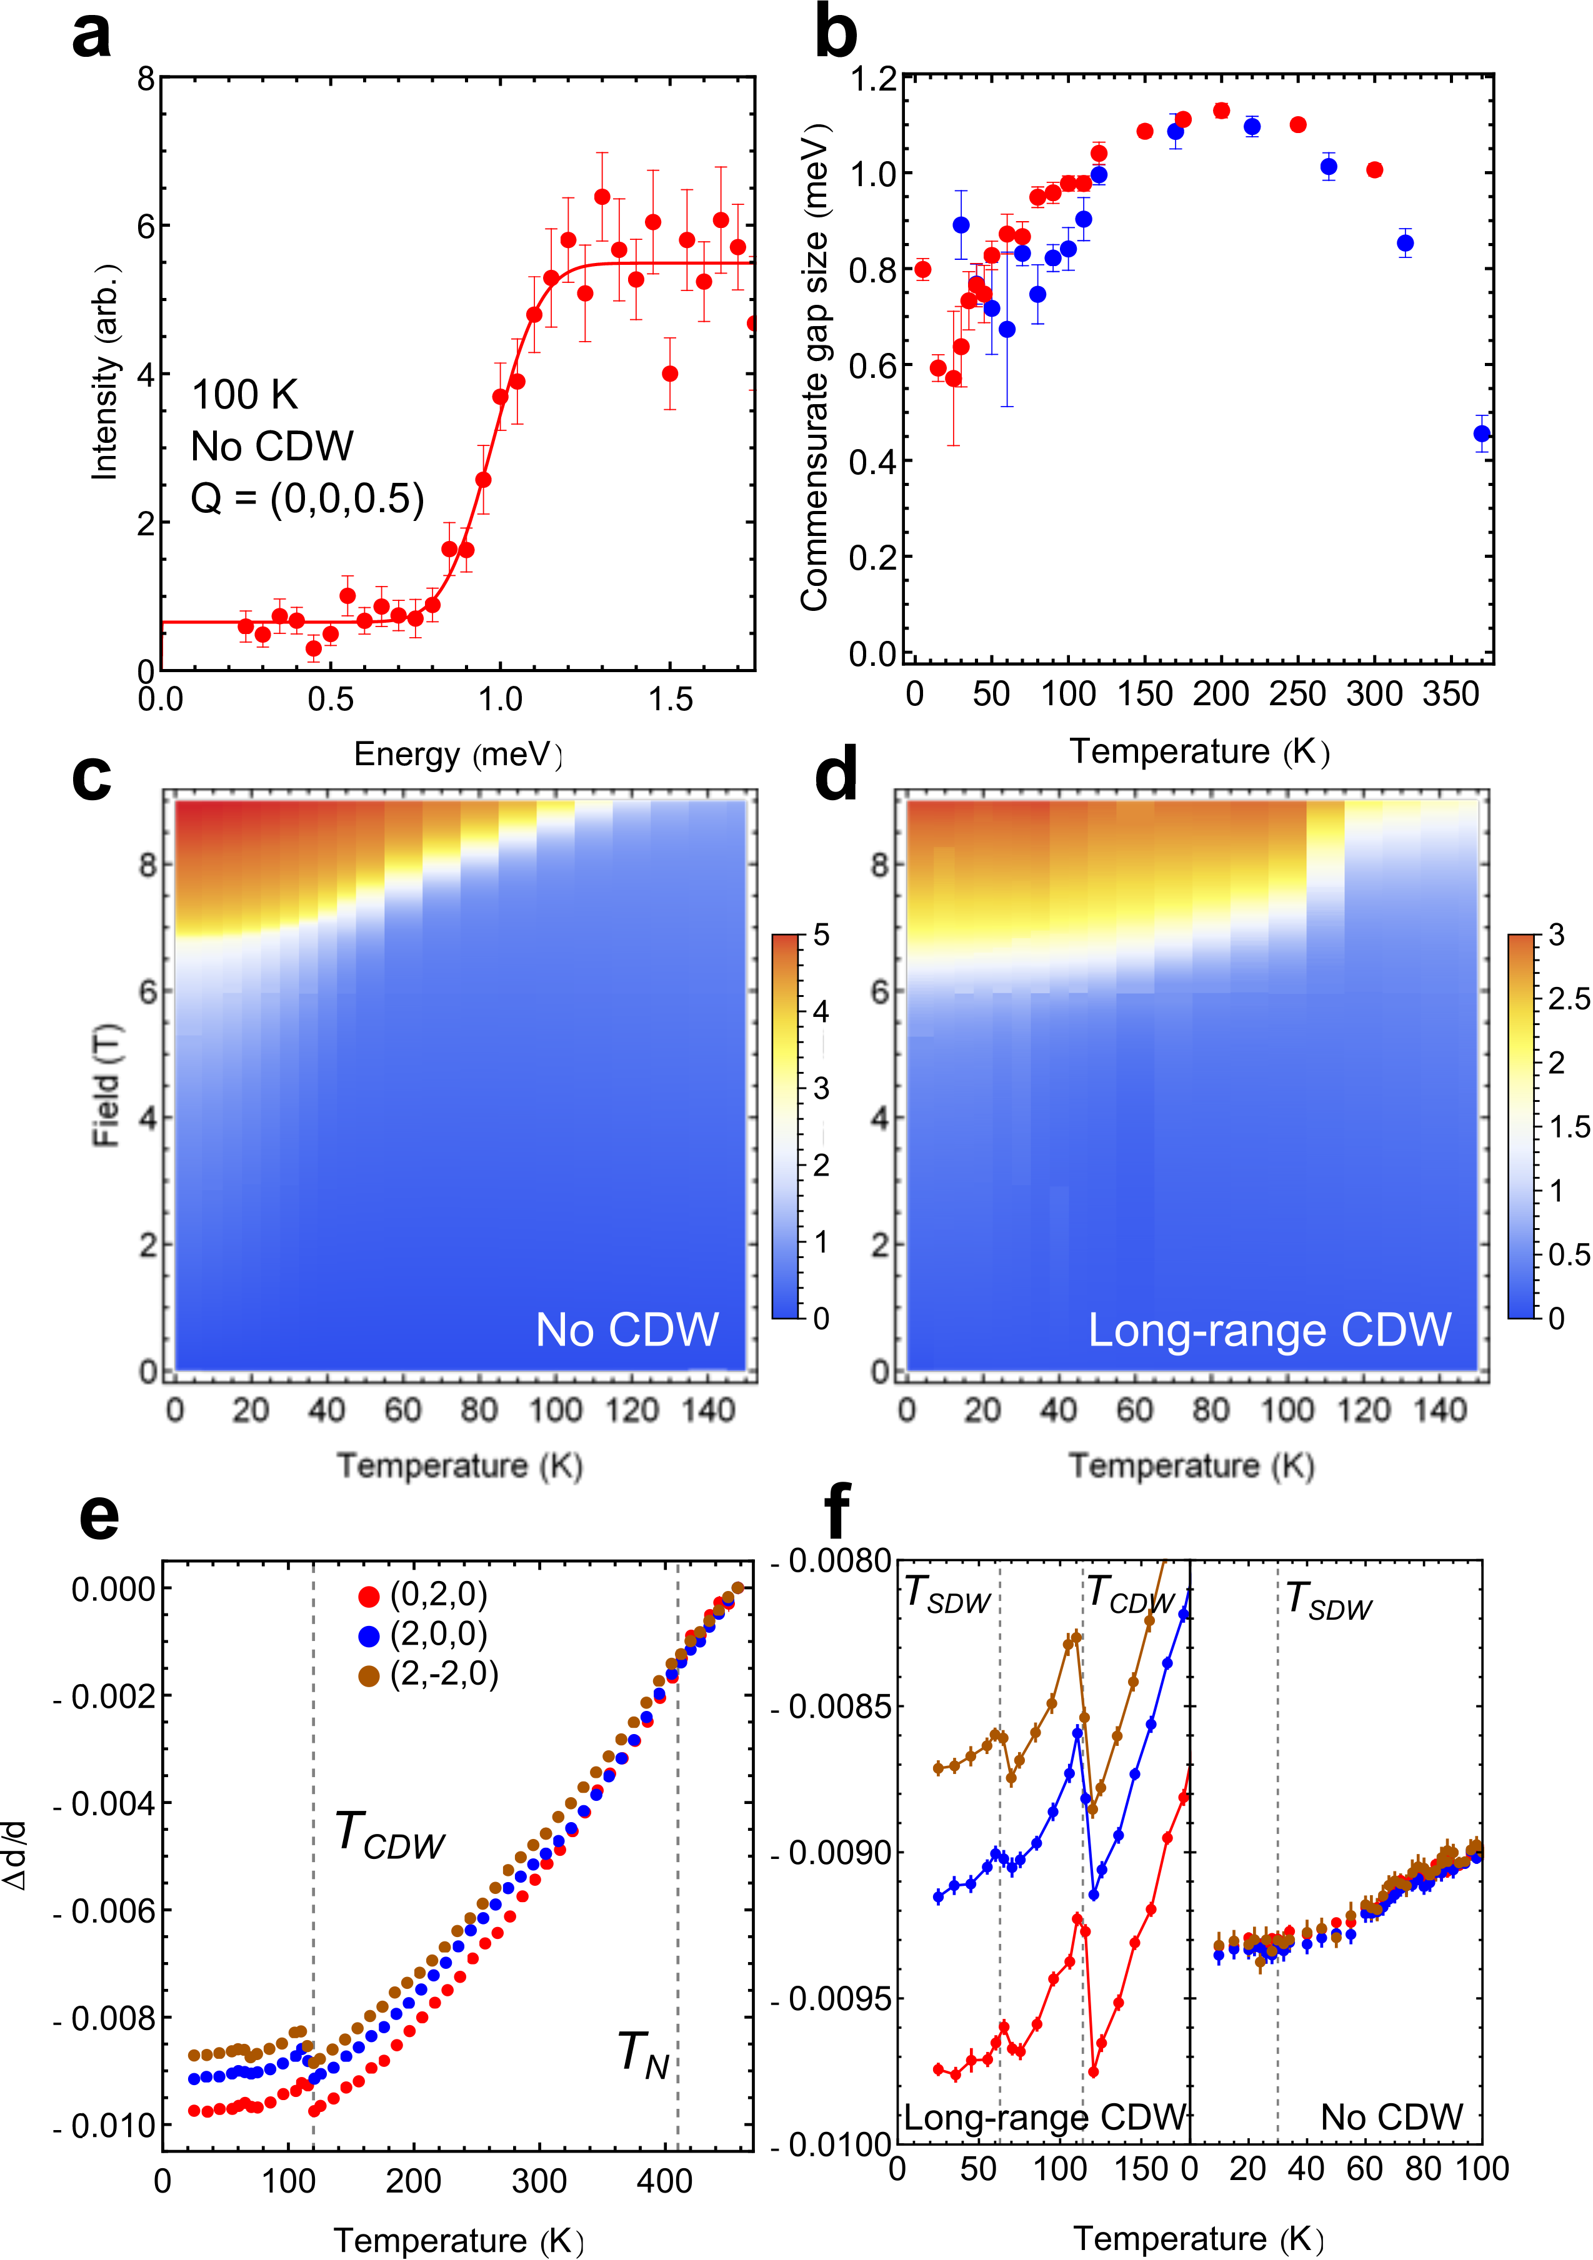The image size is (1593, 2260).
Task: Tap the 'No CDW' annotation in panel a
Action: click(272, 447)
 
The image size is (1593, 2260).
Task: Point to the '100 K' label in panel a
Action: click(244, 395)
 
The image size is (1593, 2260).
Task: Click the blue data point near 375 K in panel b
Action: click(1482, 433)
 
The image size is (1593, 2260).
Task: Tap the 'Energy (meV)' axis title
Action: click(458, 754)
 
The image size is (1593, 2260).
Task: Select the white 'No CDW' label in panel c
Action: click(627, 1330)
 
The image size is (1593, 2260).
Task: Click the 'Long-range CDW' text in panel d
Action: click(1269, 1330)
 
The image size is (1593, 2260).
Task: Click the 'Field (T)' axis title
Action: click(106, 1085)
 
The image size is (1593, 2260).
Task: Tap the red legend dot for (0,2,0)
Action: click(369, 1595)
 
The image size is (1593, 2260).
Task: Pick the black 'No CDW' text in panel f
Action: click(1391, 2116)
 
